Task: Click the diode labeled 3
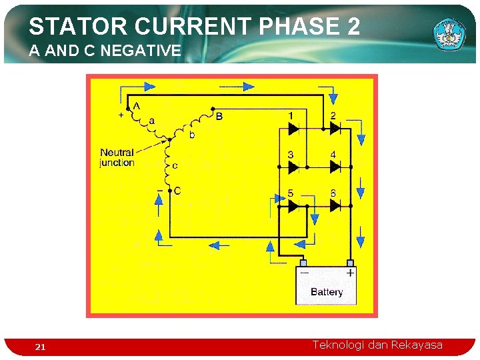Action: pyautogui.click(x=293, y=167)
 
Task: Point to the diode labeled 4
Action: pyautogui.click(x=335, y=167)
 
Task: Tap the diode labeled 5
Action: pyautogui.click(x=293, y=206)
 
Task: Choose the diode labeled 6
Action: pyautogui.click(x=335, y=206)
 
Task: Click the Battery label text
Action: pyautogui.click(x=327, y=292)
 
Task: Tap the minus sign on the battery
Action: pyautogui.click(x=304, y=273)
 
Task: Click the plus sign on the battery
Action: pyautogui.click(x=350, y=273)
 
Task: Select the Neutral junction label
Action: pyautogui.click(x=117, y=157)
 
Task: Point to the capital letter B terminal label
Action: pyautogui.click(x=219, y=117)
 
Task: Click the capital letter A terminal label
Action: pyautogui.click(x=137, y=105)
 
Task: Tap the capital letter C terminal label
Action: pyautogui.click(x=177, y=191)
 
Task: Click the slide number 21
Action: pyautogui.click(x=40, y=347)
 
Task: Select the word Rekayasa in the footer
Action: pyautogui.click(x=417, y=345)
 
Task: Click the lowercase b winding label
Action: pyautogui.click(x=193, y=135)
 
